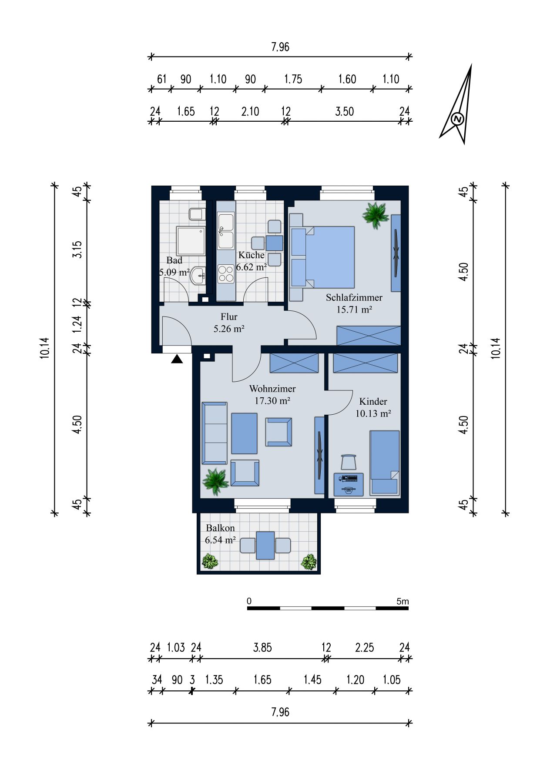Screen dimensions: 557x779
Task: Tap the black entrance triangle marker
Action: pos(177,359)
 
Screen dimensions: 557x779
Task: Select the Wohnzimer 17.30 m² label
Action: pos(272,395)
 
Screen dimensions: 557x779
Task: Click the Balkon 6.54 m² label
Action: pos(220,534)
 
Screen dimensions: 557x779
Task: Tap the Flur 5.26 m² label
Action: pos(229,323)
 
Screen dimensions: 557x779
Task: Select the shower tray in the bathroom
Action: pos(191,240)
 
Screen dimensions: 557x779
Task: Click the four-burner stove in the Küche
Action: pos(226,274)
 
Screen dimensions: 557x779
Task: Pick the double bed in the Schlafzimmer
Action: pos(322,257)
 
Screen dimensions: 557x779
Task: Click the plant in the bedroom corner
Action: pos(376,214)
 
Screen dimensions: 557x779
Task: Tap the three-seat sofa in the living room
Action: pos(215,433)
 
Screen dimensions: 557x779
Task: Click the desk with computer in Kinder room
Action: pos(349,484)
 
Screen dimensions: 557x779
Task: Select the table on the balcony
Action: pos(265,545)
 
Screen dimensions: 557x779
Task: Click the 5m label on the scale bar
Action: pos(403,601)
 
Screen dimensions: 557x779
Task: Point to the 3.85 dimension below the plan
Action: pos(262,647)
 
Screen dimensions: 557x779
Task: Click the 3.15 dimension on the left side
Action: pos(77,250)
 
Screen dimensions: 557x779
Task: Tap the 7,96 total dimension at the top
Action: pos(280,47)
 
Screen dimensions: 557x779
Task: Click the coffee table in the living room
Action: pos(244,433)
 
